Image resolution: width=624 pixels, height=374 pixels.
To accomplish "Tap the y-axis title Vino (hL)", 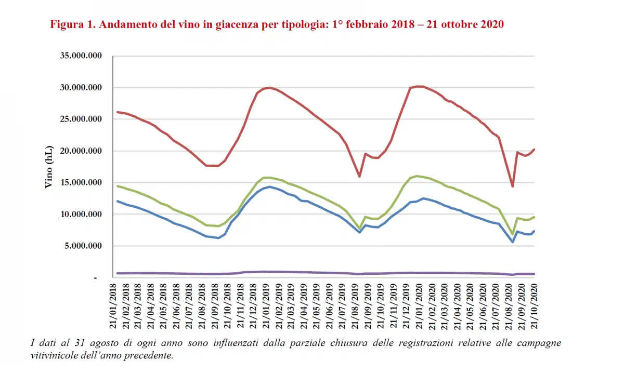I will tap(49, 167).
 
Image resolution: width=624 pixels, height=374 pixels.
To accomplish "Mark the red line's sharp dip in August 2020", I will tap(512, 186).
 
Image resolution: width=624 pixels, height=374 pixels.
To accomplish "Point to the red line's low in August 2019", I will tap(359, 177).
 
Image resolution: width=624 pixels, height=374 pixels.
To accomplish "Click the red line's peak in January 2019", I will tap(269, 87).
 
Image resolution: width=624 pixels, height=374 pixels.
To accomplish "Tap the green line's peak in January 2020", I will tap(417, 176).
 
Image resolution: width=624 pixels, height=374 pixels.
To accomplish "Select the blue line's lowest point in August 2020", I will tap(512, 242).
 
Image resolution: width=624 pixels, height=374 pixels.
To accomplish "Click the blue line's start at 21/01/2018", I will tap(118, 201).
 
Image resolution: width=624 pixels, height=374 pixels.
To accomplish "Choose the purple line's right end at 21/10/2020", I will tap(534, 274).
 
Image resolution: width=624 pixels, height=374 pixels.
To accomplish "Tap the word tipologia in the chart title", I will tap(302, 25).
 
